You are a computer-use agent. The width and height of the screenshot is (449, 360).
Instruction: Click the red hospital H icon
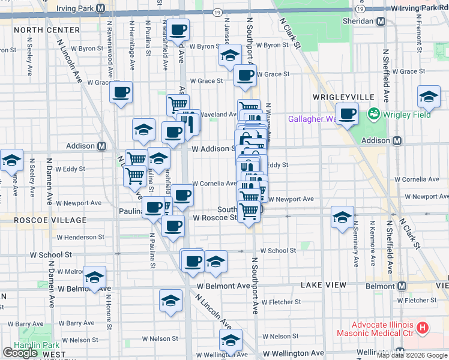pos(423,328)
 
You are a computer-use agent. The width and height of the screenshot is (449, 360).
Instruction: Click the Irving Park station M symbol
pos(100,8)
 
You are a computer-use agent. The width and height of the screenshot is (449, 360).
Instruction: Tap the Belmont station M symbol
pos(401,287)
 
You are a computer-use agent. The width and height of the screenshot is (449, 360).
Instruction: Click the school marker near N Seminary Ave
pos(342,217)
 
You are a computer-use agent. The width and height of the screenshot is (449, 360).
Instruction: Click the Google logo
pos(20,353)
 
